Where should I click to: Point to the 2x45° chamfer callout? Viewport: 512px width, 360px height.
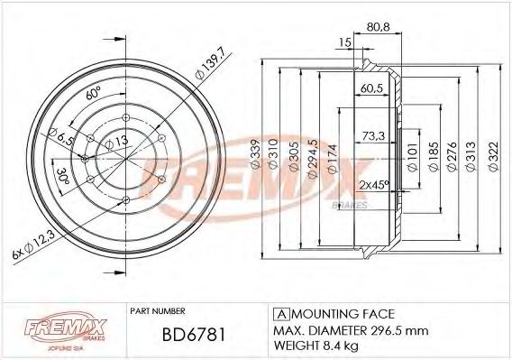click(373, 184)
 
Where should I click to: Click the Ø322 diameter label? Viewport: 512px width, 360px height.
click(493, 155)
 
